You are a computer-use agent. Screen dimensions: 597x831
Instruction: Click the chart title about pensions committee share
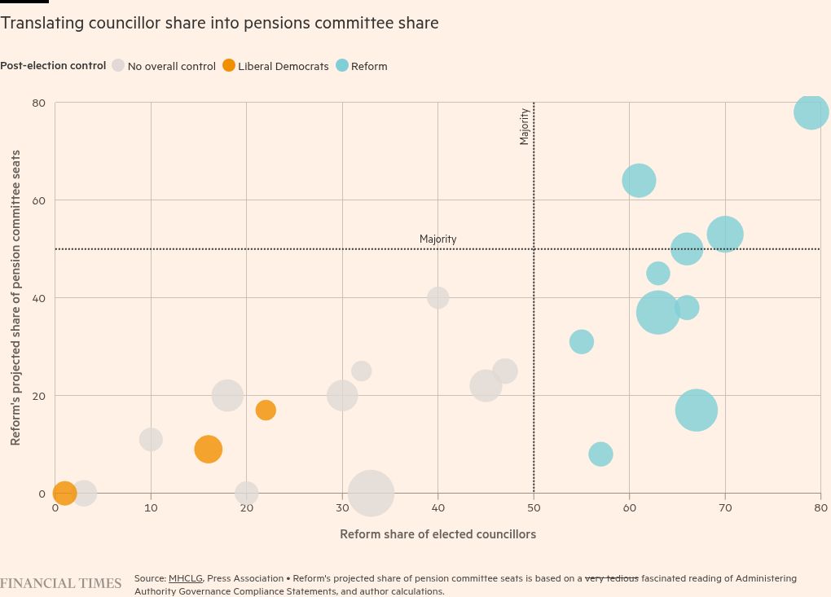[219, 24]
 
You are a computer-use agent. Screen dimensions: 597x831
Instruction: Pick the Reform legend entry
[362, 66]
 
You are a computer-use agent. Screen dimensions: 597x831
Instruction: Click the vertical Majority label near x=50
[525, 127]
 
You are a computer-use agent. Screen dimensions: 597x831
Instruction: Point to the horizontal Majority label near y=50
[437, 239]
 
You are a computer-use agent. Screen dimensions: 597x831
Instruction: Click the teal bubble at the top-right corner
[811, 112]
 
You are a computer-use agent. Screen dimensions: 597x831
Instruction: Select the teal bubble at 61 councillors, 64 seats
[639, 181]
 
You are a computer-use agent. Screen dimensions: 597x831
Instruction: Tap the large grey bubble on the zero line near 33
[371, 493]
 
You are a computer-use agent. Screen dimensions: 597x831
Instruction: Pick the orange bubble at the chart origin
[64, 493]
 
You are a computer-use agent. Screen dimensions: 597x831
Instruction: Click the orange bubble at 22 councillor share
[266, 410]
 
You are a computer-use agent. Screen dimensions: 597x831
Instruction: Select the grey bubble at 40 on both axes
[438, 298]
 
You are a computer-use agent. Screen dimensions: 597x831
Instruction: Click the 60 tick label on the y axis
[38, 200]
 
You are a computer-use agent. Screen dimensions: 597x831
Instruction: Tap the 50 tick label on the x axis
[534, 508]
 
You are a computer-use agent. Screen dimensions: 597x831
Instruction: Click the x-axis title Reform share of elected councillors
[437, 534]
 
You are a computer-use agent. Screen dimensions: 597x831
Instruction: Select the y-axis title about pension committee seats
[15, 298]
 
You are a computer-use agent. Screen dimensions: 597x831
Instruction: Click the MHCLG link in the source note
[185, 578]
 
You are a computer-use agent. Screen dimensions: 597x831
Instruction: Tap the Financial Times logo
[60, 583]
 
